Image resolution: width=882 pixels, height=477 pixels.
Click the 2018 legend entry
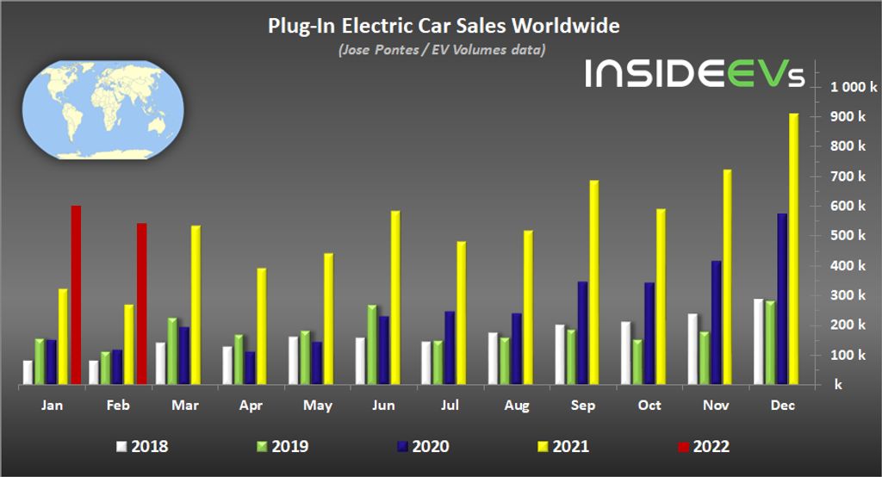coord(143,446)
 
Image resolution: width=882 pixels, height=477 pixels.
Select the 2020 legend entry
coord(422,446)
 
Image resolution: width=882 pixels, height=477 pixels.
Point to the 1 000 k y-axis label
coord(854,87)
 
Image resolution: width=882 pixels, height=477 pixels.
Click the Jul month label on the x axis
coord(450,404)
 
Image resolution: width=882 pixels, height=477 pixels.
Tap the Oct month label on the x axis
coord(649,404)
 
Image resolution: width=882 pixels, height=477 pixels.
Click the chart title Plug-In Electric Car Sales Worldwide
coord(443,27)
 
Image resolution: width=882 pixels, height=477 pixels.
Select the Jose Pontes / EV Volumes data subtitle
coord(442,50)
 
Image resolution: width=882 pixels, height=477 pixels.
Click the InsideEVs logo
coord(695,74)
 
